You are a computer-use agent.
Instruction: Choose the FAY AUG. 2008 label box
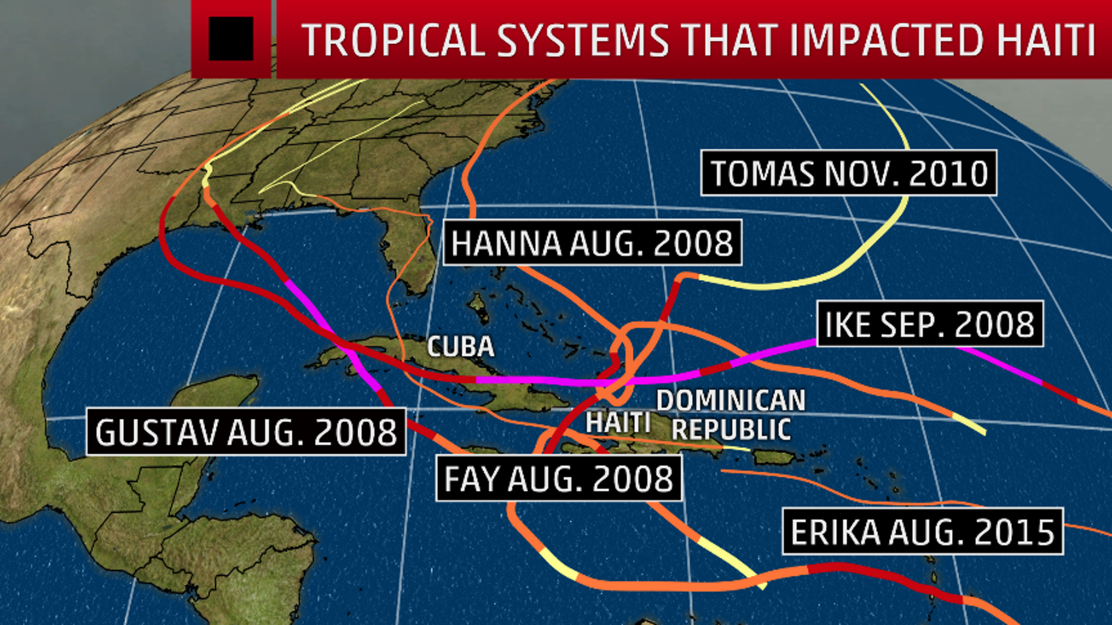pyautogui.click(x=559, y=478)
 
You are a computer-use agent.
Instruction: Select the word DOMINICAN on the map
pyautogui.click(x=731, y=400)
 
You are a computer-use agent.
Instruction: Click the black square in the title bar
pyautogui.click(x=231, y=39)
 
